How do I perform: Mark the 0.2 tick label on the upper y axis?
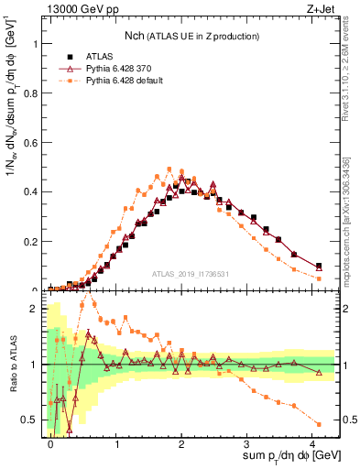29,242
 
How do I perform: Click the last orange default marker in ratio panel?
319,423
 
